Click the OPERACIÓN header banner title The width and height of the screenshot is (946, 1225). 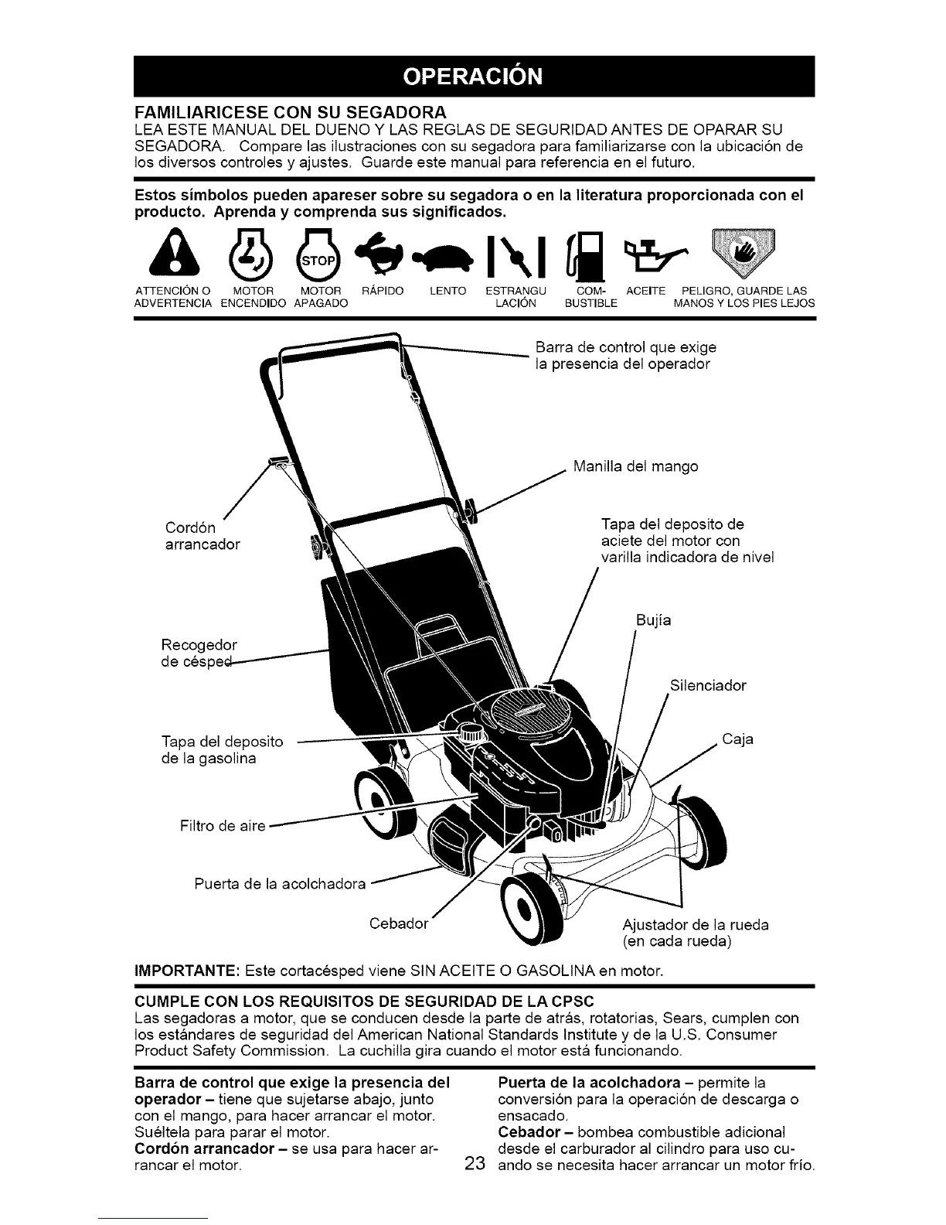click(473, 77)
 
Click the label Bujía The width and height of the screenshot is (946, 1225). click(654, 620)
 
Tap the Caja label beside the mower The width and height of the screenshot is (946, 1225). click(737, 739)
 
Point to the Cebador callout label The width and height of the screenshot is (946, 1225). click(399, 924)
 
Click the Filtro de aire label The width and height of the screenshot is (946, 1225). click(221, 826)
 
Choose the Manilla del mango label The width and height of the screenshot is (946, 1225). click(635, 466)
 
